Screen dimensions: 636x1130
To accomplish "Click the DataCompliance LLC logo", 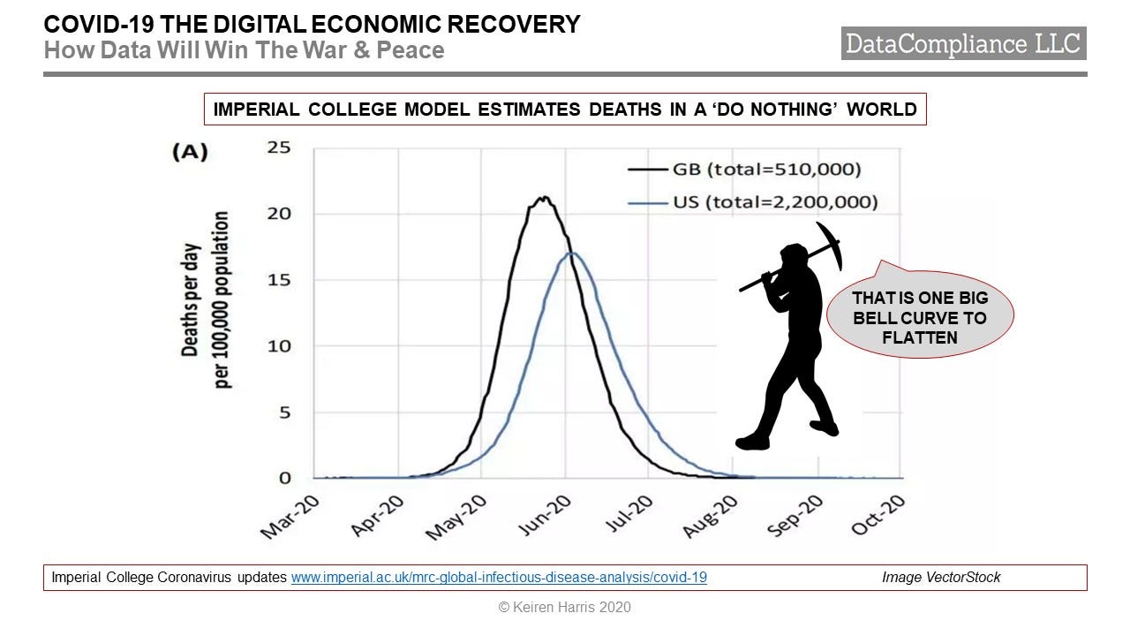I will (x=963, y=43).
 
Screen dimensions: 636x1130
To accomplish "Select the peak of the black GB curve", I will (x=545, y=198).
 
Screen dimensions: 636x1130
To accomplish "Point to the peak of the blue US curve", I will (x=572, y=254).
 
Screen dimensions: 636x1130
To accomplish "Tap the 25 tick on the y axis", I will (x=279, y=147).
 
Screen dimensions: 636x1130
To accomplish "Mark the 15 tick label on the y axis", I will (x=279, y=279).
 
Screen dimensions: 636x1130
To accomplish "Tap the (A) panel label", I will (x=189, y=152).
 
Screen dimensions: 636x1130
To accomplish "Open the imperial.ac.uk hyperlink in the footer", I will (x=499, y=578).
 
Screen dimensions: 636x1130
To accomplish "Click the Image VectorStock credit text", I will (x=941, y=578).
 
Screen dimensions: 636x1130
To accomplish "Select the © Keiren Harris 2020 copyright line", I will (x=565, y=607).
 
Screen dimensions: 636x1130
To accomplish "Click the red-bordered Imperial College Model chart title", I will (x=565, y=110).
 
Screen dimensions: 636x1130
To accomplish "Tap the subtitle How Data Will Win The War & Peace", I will (x=244, y=49).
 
